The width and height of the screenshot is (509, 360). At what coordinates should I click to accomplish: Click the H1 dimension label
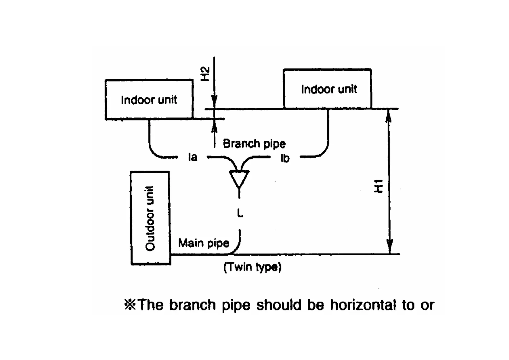(378, 186)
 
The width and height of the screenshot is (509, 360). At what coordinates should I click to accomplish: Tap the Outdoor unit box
(150, 218)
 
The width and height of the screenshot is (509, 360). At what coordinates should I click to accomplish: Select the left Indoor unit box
(149, 100)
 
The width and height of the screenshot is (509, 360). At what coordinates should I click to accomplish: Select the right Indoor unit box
(328, 89)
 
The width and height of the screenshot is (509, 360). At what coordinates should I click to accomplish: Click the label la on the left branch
(193, 157)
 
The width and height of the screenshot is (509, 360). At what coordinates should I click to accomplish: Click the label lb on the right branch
(285, 158)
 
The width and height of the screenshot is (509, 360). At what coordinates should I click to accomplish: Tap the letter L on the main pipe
(240, 214)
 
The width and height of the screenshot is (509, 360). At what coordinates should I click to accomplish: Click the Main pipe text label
(203, 243)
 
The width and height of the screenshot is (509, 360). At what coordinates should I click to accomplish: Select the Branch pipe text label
(254, 143)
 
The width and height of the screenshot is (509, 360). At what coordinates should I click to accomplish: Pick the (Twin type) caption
(252, 267)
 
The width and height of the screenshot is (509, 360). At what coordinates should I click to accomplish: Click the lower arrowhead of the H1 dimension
(390, 247)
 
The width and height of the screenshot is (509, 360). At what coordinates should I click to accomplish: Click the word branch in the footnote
(193, 305)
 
